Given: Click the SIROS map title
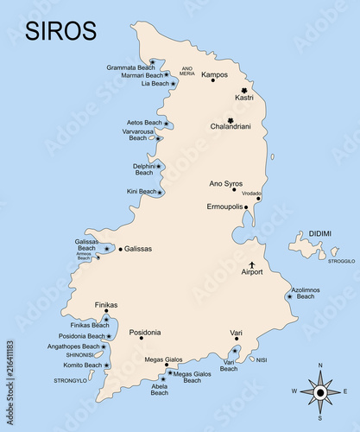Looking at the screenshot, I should [60, 29].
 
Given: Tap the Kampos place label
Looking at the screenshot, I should [214, 74].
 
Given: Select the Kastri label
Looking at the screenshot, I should [244, 98].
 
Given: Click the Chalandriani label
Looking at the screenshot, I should [230, 127].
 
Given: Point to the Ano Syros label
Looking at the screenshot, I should [226, 183].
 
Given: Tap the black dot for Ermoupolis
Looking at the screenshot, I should [245, 207].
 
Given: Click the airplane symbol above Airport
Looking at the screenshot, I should [252, 264].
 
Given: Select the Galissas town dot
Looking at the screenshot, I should [120, 249].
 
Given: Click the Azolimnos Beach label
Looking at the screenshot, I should [306, 293].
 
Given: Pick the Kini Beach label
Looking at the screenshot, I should [142, 191].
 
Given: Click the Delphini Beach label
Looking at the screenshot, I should [143, 168].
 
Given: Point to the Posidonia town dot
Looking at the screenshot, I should [141, 338].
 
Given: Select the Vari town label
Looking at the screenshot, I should [236, 333].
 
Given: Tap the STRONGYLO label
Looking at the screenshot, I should [71, 380].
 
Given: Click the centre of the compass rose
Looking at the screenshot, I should [320, 391].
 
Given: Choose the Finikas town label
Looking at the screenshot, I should [106, 305].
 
